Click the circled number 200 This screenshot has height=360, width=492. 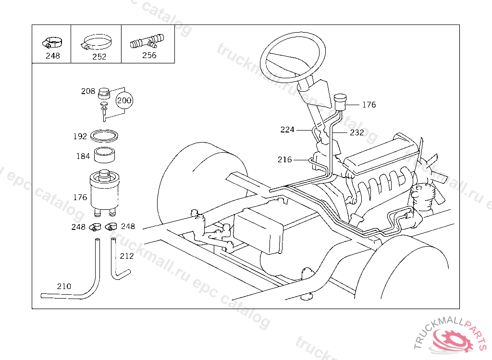coord(124,100)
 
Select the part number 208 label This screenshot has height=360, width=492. coord(88,91)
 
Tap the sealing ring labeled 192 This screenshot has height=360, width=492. coord(104,136)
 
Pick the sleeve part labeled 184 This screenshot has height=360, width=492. coord(104,155)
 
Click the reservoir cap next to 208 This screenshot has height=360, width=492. coord(104,93)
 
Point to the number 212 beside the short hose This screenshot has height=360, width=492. coord(127,256)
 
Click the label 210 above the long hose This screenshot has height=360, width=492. coord(64,286)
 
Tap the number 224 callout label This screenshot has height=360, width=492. coord(287,130)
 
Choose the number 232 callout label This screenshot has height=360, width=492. coord(357,132)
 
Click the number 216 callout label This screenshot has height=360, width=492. coord(284,160)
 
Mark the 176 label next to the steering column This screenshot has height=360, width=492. coord(369,105)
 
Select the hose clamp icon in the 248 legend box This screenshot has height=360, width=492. coord(52,43)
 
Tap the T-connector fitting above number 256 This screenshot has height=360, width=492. coord(147,41)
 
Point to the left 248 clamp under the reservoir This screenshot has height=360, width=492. coord(95,227)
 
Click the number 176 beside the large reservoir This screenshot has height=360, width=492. coord(80,198)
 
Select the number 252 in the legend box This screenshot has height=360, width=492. coord(99,57)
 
